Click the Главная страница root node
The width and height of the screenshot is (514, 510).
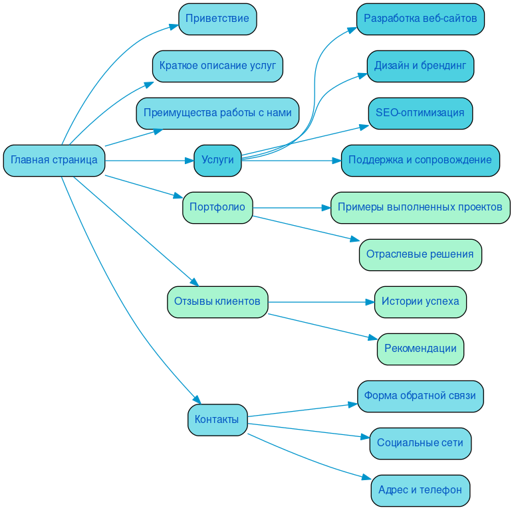(54, 160)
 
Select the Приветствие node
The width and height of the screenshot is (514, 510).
(217, 19)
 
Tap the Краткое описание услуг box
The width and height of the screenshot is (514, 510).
(217, 66)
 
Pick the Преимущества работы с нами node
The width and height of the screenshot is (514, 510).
(217, 113)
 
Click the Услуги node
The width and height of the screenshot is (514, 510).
(217, 160)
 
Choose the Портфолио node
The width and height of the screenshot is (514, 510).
(217, 207)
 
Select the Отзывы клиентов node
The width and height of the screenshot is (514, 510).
(217, 301)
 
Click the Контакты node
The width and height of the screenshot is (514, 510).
(217, 420)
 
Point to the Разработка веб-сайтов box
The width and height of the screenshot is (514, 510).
(420, 19)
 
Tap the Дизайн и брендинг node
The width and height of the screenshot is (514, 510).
(420, 66)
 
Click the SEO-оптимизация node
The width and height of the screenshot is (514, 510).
(420, 113)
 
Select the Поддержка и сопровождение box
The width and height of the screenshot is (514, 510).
(420, 160)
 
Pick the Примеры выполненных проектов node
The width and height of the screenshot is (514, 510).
(420, 207)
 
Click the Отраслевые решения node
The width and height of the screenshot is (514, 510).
(420, 254)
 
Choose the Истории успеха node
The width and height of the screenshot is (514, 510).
(420, 301)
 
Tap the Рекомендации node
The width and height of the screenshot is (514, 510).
(420, 349)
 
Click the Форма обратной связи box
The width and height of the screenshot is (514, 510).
(420, 396)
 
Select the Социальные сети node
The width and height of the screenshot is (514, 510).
(420, 443)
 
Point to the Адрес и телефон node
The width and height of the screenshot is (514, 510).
(420, 490)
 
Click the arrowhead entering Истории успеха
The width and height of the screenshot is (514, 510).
(370, 302)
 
